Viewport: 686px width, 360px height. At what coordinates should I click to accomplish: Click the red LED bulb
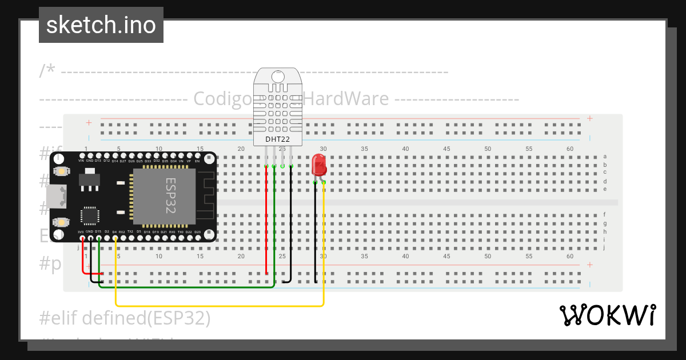click(319, 165)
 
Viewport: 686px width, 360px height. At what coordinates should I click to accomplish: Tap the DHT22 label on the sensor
click(277, 138)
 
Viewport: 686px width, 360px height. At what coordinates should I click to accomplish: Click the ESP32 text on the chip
click(171, 196)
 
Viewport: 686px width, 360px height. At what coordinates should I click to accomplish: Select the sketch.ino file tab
click(101, 25)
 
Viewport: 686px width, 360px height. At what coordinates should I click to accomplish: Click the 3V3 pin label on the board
click(81, 232)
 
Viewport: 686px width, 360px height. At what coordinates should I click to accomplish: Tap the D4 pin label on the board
click(114, 232)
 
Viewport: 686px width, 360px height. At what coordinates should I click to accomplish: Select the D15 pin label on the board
click(98, 232)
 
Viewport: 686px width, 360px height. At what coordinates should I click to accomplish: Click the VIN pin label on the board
click(81, 161)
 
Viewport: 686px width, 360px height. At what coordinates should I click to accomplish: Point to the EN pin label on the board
click(198, 161)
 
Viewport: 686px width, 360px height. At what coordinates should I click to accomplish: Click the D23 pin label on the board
click(198, 232)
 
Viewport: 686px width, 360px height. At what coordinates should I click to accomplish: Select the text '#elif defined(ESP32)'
click(125, 318)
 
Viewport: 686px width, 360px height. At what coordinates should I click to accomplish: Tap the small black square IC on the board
click(90, 215)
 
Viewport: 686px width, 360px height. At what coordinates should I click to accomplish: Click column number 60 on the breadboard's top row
click(570, 149)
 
